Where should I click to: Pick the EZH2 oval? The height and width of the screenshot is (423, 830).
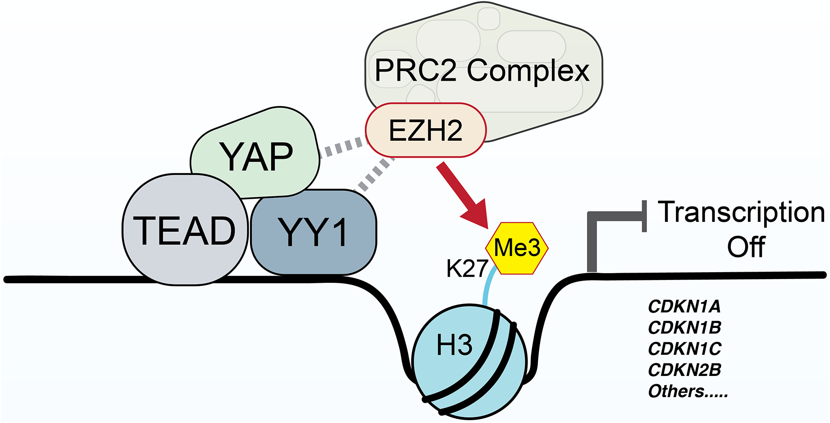point(426,130)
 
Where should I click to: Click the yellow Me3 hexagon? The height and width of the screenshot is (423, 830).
point(517,248)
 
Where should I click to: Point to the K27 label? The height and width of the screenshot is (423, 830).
point(467,268)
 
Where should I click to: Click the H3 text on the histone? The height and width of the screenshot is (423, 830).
point(454,346)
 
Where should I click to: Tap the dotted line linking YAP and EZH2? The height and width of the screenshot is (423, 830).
point(344,147)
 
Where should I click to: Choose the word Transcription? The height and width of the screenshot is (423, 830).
point(741,213)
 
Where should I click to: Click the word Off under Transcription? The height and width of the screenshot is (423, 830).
point(746,247)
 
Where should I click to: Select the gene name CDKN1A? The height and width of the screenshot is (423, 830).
point(684,306)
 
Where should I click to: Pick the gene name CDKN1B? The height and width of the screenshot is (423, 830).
point(684,328)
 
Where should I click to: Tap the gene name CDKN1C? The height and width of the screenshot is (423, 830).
point(684,349)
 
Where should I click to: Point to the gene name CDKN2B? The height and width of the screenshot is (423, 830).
point(684,370)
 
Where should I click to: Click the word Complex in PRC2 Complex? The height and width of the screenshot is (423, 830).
point(528,71)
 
